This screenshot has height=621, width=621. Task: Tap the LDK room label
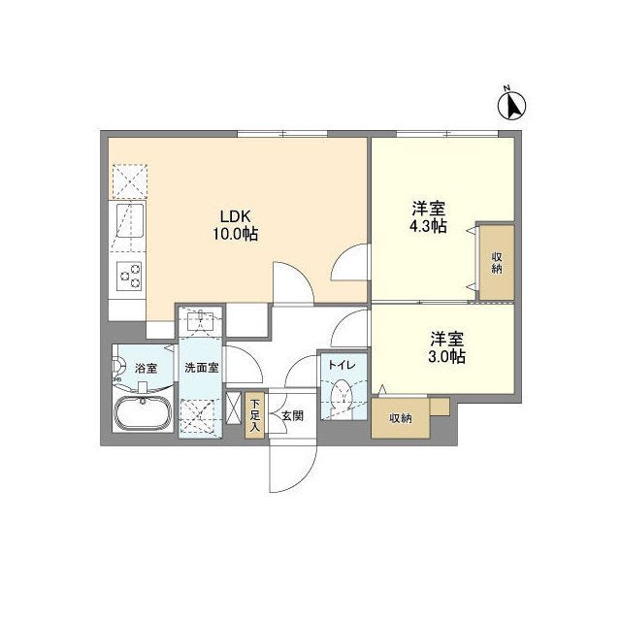(x=235, y=215)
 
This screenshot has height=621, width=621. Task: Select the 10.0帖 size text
(x=235, y=234)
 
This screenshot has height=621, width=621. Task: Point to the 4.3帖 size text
(x=427, y=225)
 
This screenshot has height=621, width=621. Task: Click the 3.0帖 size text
(x=446, y=356)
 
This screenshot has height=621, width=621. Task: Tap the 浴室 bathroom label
(x=146, y=368)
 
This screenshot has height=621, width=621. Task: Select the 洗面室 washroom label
(x=202, y=368)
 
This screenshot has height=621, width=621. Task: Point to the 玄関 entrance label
(x=292, y=416)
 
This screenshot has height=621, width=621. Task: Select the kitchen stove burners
(x=129, y=277)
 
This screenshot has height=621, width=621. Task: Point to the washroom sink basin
(x=201, y=321)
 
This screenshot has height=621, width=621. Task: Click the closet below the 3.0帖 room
(x=400, y=419)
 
